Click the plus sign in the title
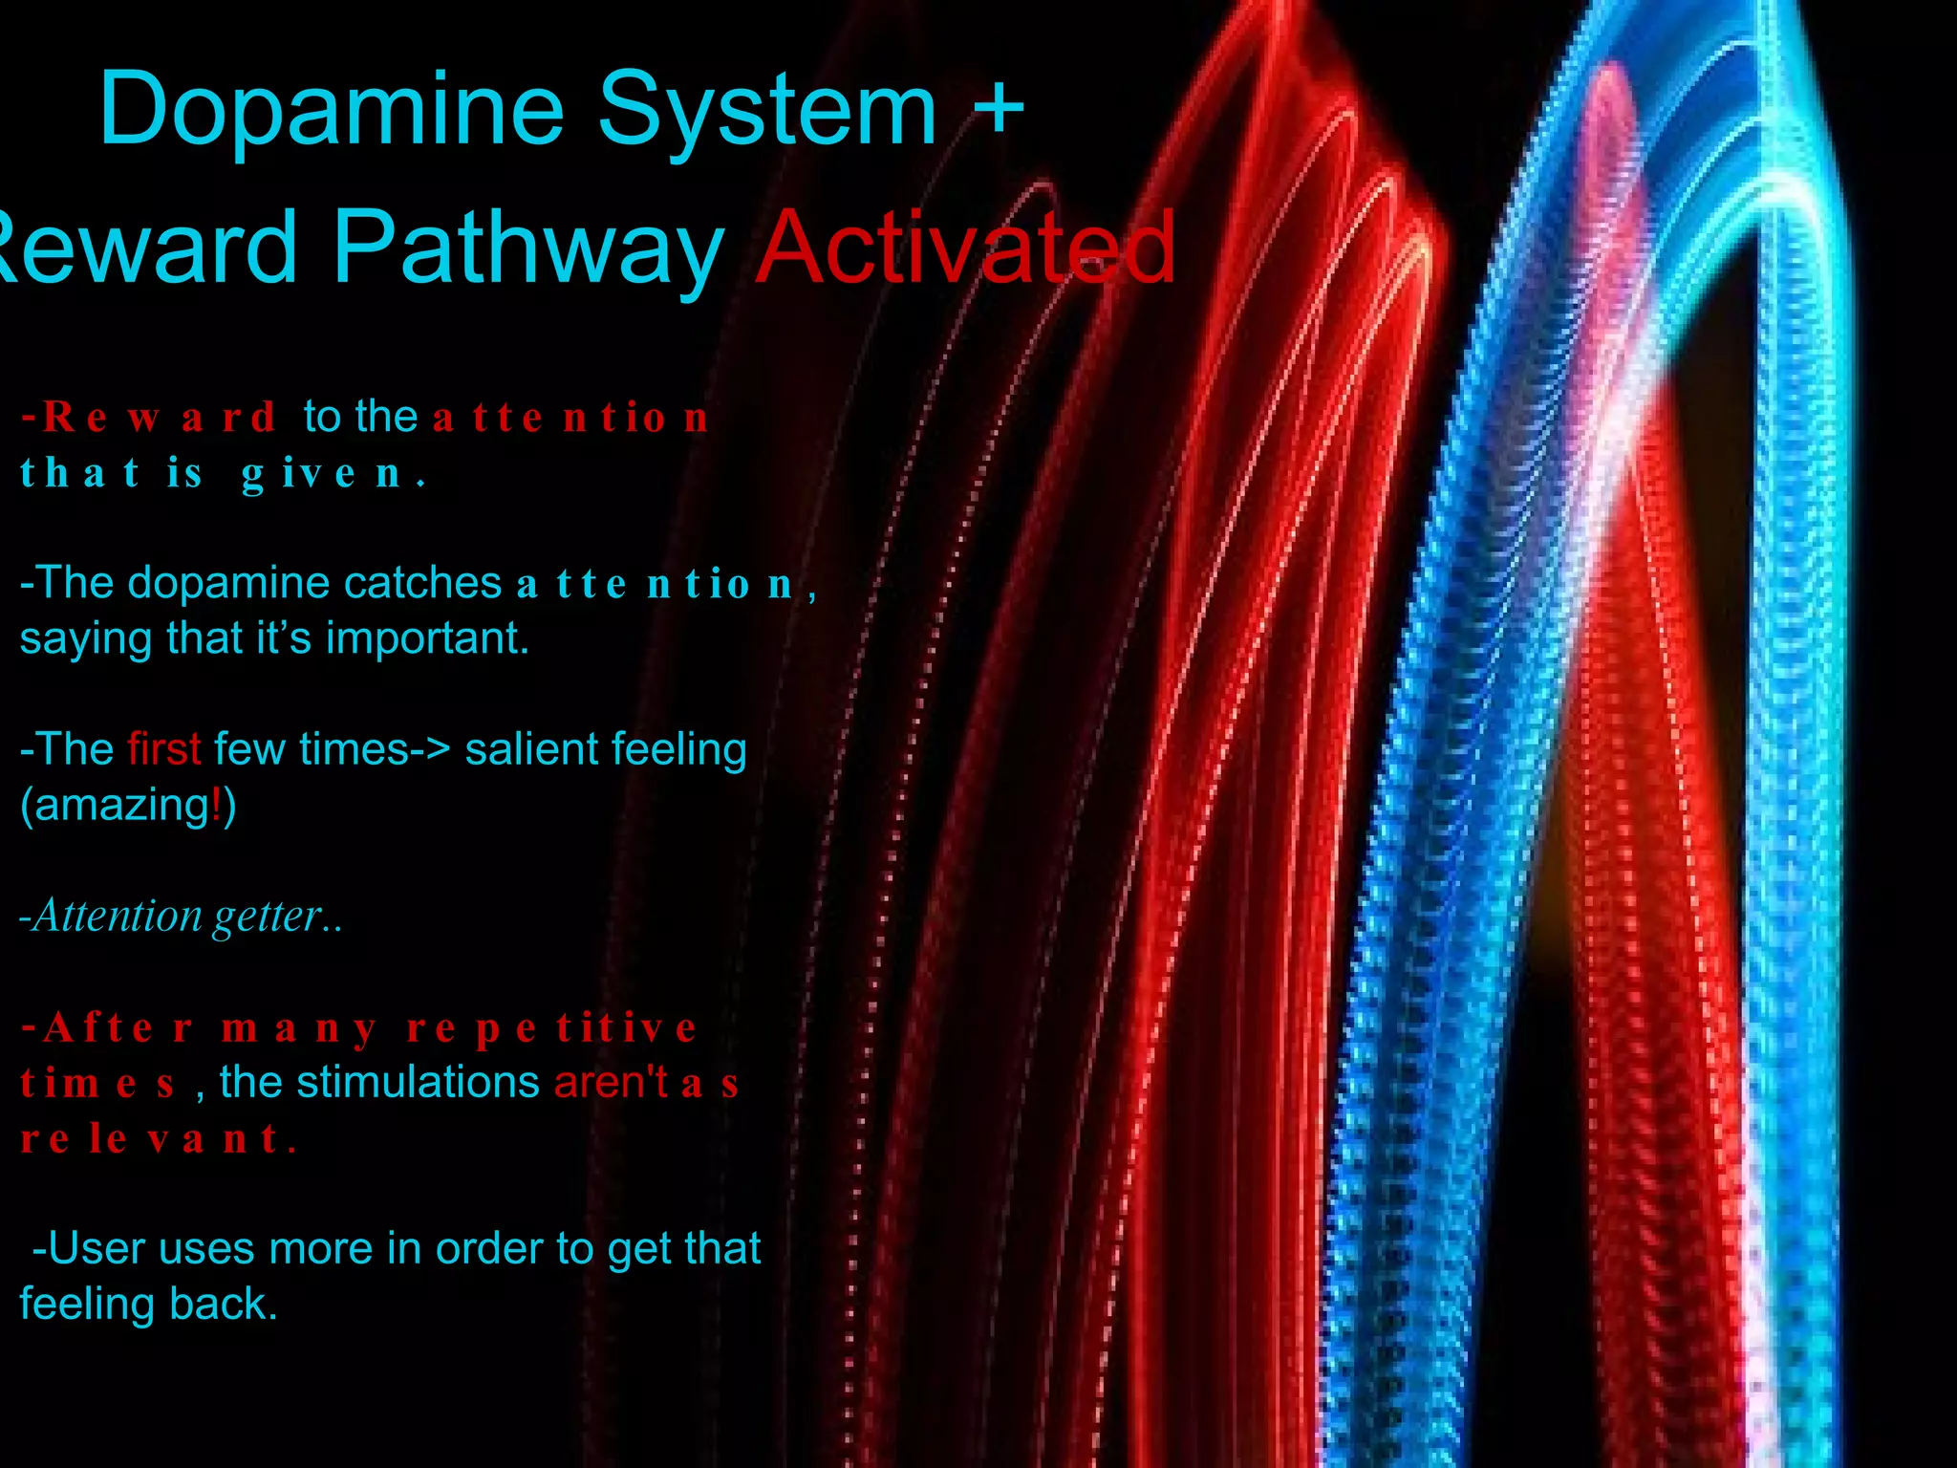tap(999, 107)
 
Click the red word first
tap(163, 749)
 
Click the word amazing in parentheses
tap(120, 805)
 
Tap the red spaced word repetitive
tap(551, 1028)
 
